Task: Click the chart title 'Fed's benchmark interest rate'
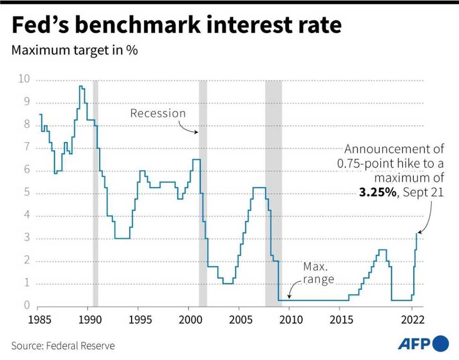pyautogui.click(x=177, y=25)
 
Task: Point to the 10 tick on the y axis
pyautogui.click(x=24, y=79)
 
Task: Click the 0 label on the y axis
pyautogui.click(x=26, y=306)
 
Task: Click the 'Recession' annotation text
pyautogui.click(x=158, y=113)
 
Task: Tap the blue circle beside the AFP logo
pyautogui.click(x=441, y=343)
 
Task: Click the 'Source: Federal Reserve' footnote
pyautogui.click(x=63, y=346)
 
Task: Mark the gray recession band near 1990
pyautogui.click(x=95, y=192)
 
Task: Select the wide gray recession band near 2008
pyautogui.click(x=273, y=192)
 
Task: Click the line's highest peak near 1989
pyautogui.click(x=81, y=86)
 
